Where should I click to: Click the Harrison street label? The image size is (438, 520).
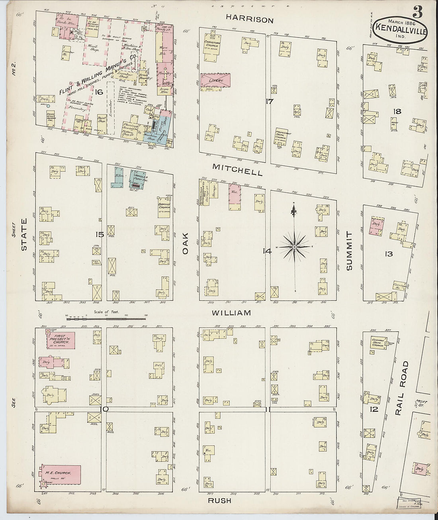[x=250, y=20]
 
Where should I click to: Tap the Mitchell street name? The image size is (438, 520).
[x=237, y=170]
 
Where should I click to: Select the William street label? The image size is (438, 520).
[x=231, y=313]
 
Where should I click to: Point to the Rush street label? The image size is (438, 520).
[x=219, y=500]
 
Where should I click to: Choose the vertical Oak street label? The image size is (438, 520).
[x=186, y=243]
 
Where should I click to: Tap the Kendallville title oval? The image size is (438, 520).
[x=401, y=31]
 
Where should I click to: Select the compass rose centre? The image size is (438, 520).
[x=294, y=247]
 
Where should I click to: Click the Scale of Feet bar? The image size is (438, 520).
[x=106, y=318]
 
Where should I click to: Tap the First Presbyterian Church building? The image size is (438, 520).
[x=60, y=340]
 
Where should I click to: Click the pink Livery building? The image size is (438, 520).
[x=215, y=80]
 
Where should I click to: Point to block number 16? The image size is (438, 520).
[x=99, y=92]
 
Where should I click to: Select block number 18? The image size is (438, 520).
[x=397, y=111]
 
